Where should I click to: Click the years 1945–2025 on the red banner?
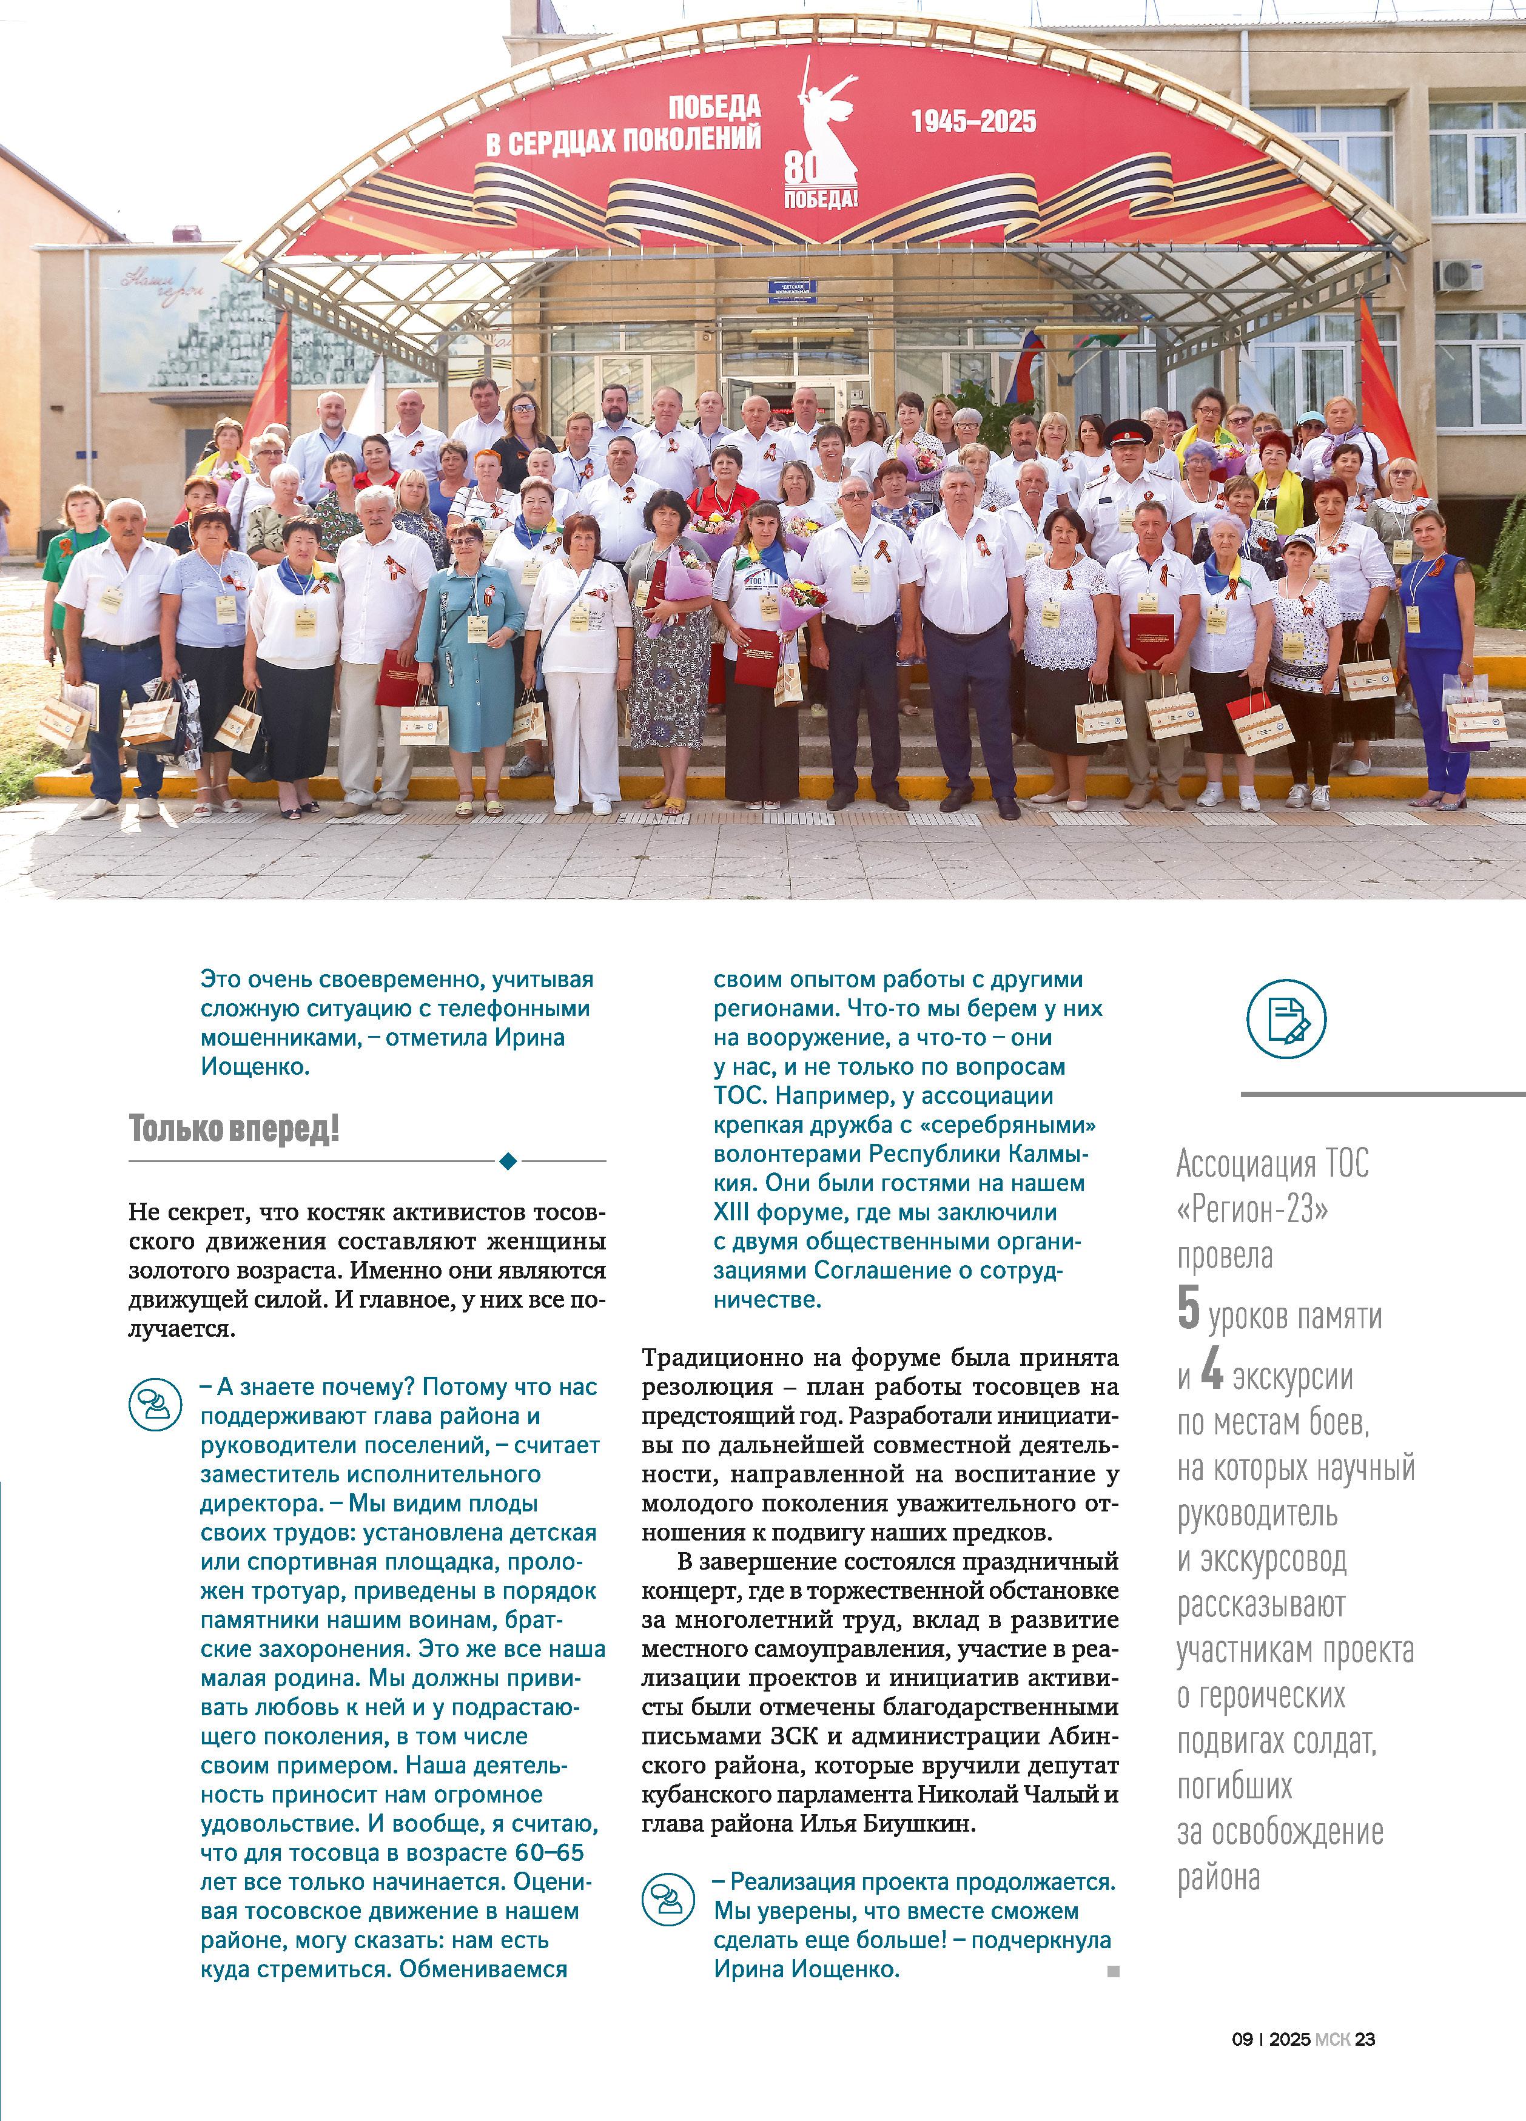(973, 121)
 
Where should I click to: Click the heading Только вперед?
(234, 1129)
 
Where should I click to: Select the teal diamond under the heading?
(508, 1161)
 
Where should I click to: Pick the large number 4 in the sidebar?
(1212, 1371)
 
